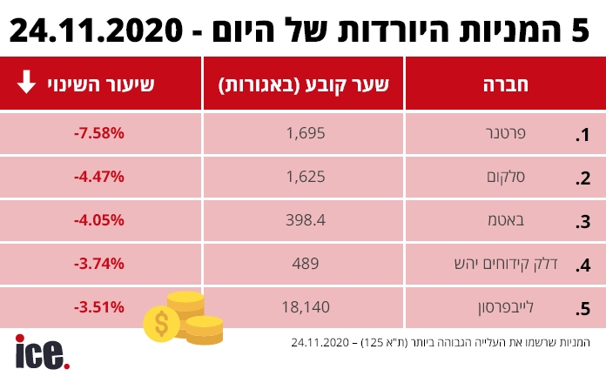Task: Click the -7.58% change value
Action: point(99,134)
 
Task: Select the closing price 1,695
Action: point(305,134)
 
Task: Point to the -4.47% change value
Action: point(99,177)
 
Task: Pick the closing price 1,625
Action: point(305,177)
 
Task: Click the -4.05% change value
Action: point(99,220)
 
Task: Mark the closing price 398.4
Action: point(305,220)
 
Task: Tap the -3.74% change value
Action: point(99,263)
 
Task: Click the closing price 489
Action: point(305,263)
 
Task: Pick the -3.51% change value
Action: point(99,306)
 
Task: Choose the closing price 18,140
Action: point(305,306)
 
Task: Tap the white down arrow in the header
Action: point(26,84)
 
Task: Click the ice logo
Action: point(42,352)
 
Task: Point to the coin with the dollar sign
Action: point(162,324)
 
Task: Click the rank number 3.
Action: point(583,221)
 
